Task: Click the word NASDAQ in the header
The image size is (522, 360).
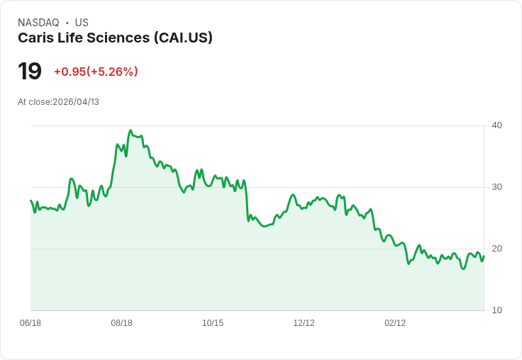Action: point(38,23)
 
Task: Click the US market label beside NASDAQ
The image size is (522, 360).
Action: point(82,23)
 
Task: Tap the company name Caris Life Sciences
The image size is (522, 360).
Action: point(84,38)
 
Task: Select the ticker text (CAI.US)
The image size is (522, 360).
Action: point(183,38)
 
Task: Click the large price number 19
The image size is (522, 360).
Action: point(30,72)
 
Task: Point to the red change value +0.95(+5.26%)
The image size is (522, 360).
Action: point(96,72)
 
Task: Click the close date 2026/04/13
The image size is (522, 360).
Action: point(76,102)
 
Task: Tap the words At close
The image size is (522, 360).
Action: point(34,102)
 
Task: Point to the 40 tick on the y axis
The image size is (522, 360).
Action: point(497,125)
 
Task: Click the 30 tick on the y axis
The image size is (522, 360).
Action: point(497,187)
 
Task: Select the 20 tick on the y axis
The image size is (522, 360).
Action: point(497,249)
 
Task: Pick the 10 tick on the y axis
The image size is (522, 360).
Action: point(497,310)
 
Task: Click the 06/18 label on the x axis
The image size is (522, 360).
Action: point(30,323)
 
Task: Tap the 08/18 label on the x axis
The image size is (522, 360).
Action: point(121,323)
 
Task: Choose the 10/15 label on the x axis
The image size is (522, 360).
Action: point(213,323)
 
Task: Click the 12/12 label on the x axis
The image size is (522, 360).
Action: point(304,323)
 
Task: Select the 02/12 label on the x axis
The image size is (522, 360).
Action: point(395,323)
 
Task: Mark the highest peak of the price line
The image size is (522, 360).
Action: point(130,131)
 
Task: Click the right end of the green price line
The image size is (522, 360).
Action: point(484,257)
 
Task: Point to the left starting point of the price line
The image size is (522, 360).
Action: point(30,201)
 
